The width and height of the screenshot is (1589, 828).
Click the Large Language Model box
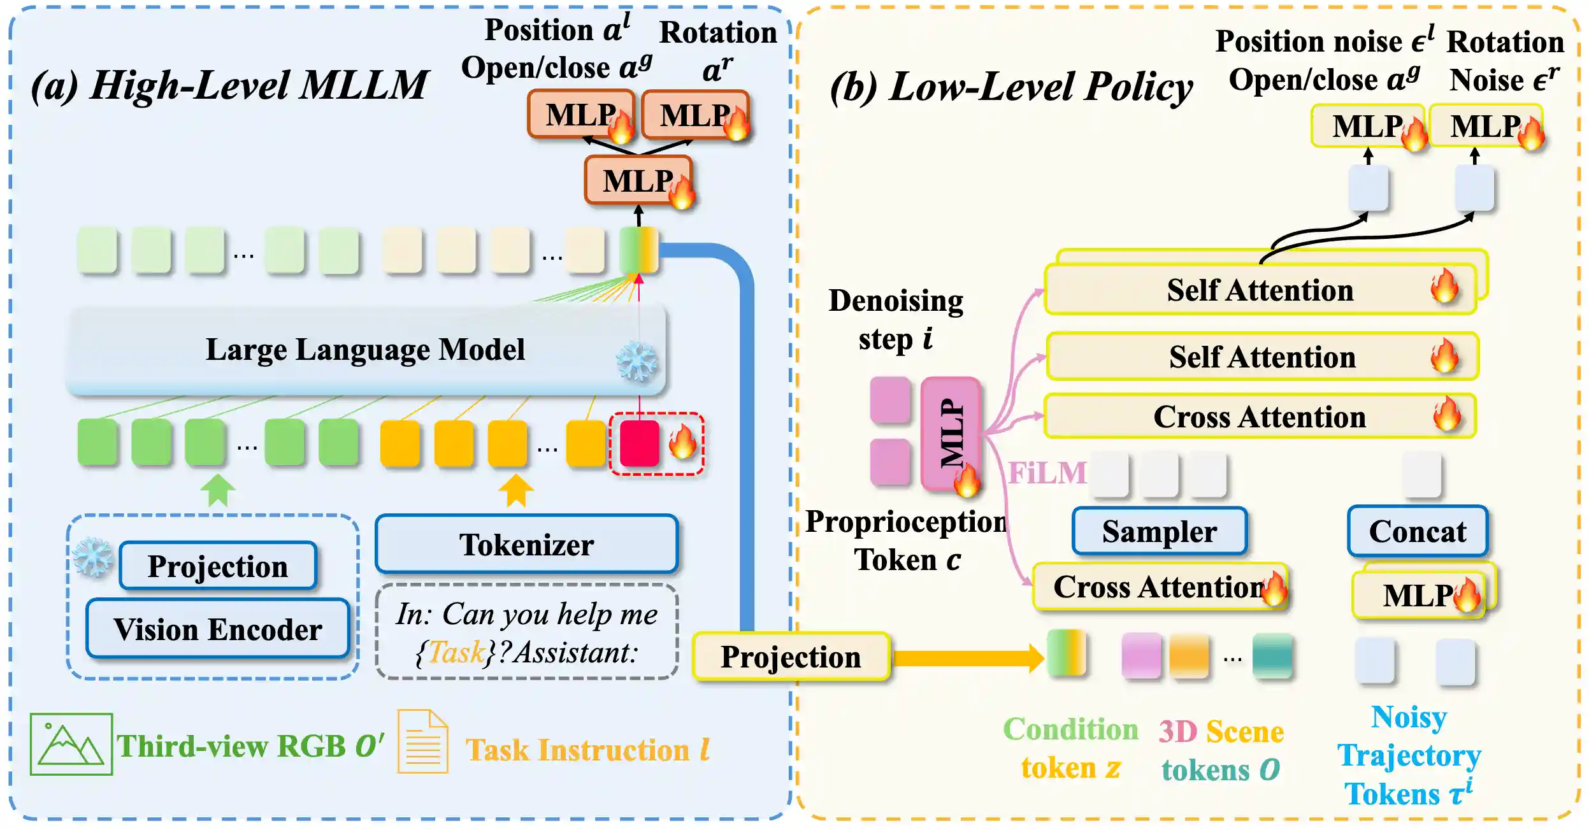coord(365,350)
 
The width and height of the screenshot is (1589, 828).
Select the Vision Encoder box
coord(218,629)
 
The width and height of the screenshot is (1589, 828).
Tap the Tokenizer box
coord(526,545)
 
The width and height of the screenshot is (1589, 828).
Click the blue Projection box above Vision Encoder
coord(218,566)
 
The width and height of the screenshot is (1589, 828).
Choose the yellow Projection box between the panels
coord(791,657)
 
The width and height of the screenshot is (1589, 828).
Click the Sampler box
coord(1160,531)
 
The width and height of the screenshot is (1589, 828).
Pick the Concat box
coord(1418,531)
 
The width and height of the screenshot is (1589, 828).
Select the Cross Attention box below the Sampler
coord(1158,587)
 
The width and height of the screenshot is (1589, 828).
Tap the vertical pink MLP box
coord(951,434)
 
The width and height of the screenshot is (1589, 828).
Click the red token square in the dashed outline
coord(639,443)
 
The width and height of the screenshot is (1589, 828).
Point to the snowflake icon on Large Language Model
coord(636,362)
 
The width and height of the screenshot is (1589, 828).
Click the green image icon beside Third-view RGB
coord(71,744)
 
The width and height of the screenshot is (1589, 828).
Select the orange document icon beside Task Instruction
coord(422,741)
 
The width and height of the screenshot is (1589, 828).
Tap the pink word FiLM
coord(1047,473)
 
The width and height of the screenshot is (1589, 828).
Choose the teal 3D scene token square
coord(1272,655)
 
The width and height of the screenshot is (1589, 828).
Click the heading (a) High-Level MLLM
coord(229,85)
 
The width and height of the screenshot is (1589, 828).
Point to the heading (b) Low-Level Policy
coord(1011,87)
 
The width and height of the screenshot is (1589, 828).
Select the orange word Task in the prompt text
coord(456,652)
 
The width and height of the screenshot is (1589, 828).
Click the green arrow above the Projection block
coord(218,490)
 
